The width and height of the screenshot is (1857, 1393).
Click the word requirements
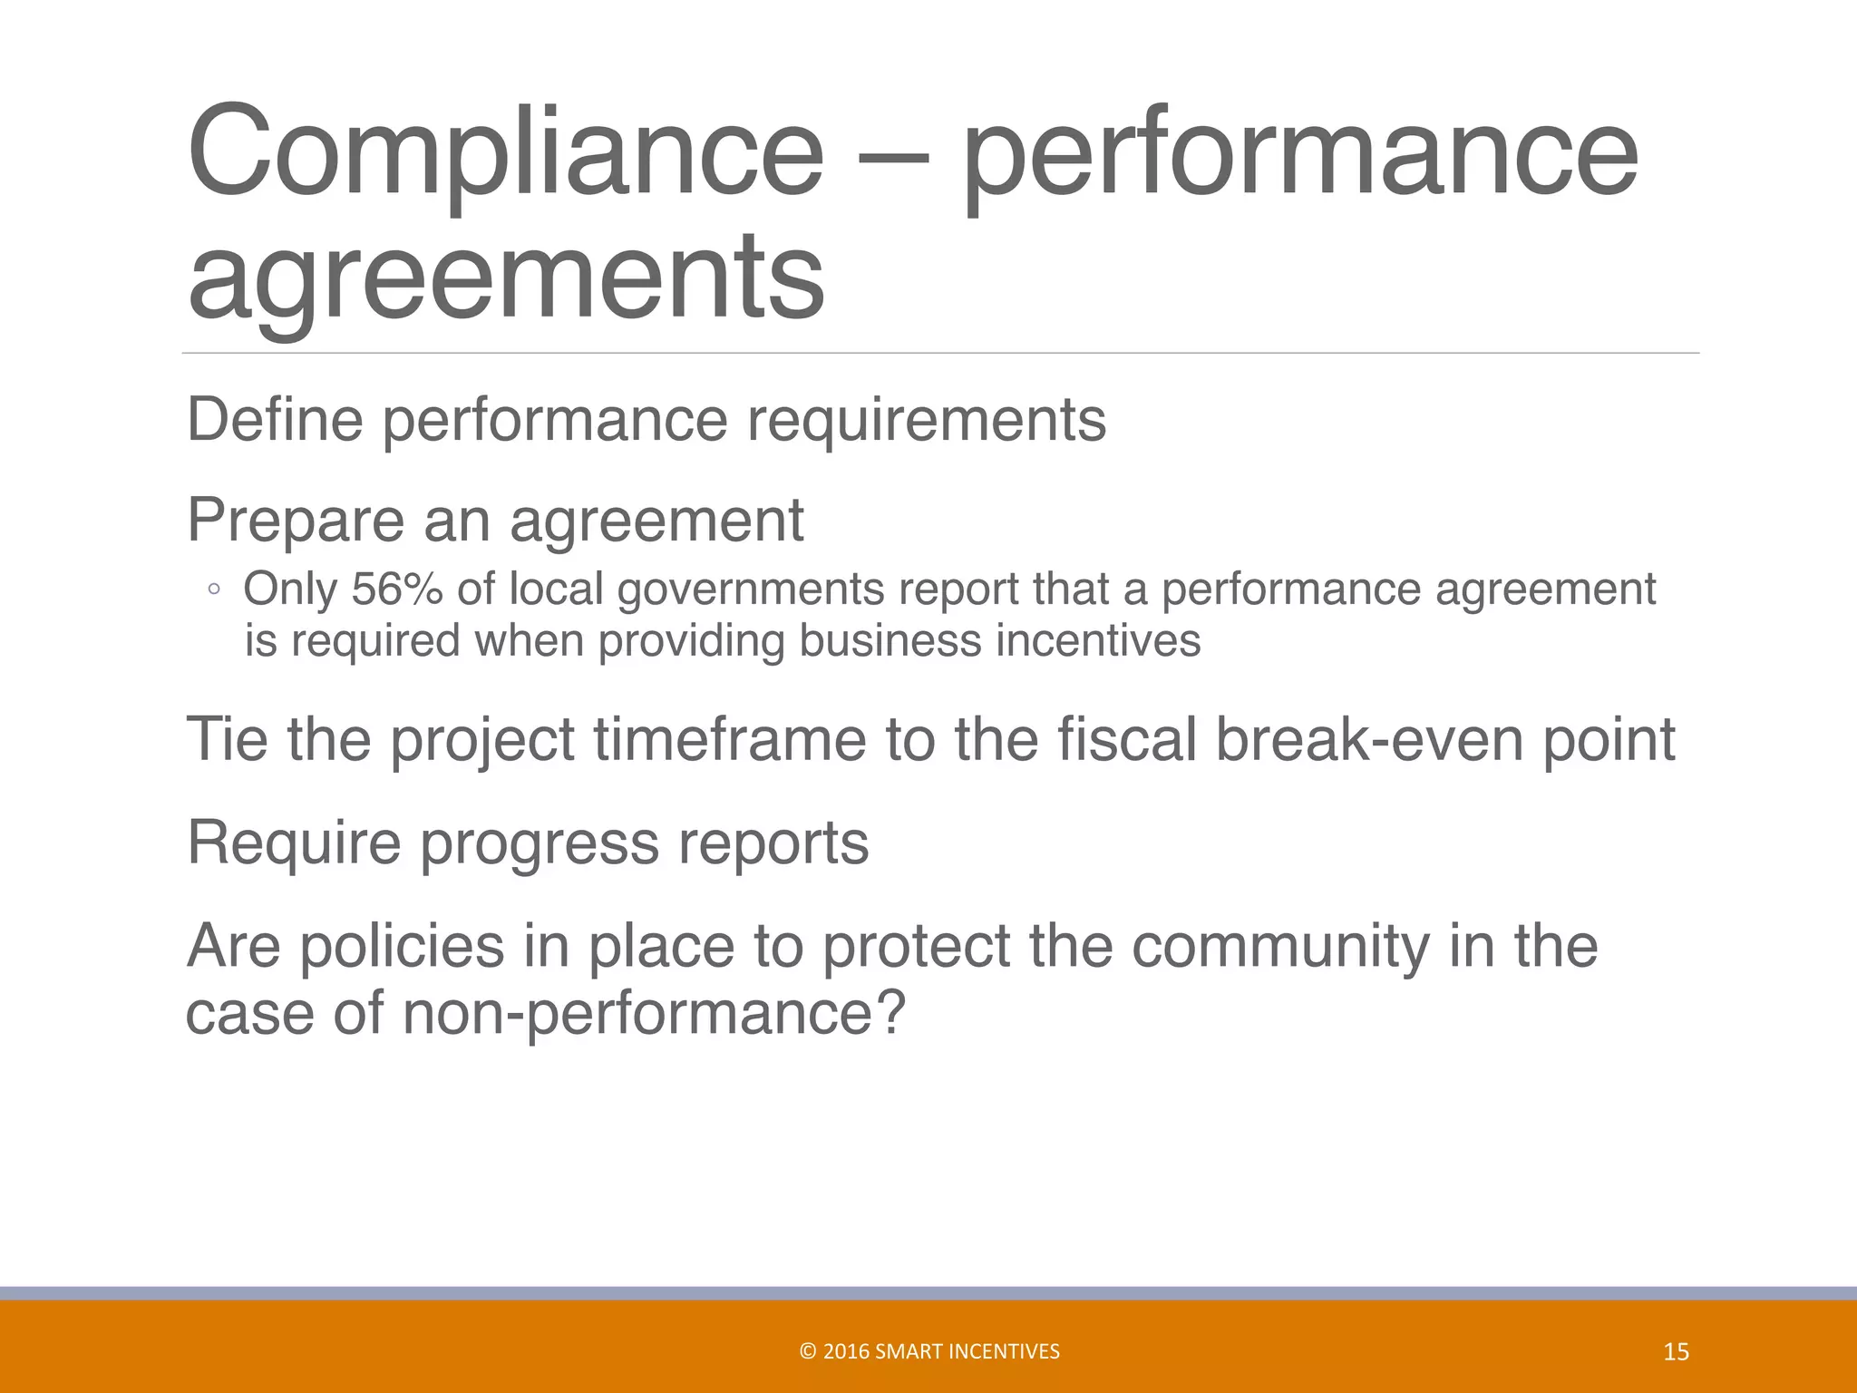(x=926, y=421)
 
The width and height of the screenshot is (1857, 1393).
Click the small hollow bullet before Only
(x=213, y=590)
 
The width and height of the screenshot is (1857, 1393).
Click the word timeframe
(x=730, y=739)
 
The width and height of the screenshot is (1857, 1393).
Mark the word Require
(x=293, y=843)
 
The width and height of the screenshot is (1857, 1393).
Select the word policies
(x=401, y=946)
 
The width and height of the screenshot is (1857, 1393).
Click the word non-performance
(x=654, y=1012)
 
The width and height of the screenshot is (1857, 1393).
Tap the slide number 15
(x=1677, y=1352)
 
